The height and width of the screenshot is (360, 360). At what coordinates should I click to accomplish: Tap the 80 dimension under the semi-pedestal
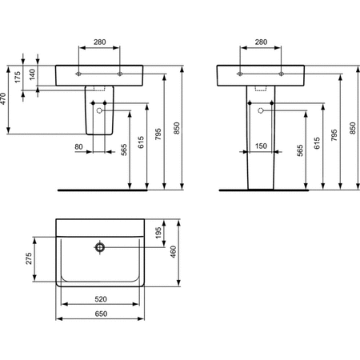[78, 146]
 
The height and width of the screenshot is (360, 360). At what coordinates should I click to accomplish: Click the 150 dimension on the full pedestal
[260, 146]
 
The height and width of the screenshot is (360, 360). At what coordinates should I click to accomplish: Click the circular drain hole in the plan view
[100, 247]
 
